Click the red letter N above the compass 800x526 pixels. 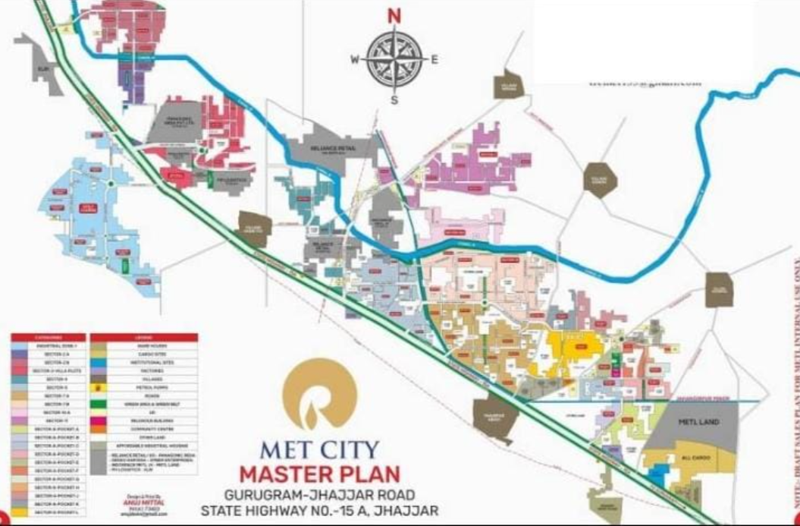tap(394, 16)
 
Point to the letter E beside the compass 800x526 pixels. tap(435, 60)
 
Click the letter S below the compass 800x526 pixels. tap(394, 100)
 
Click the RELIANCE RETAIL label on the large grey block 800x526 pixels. tap(334, 149)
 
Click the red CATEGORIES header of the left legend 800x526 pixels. tap(49, 337)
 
